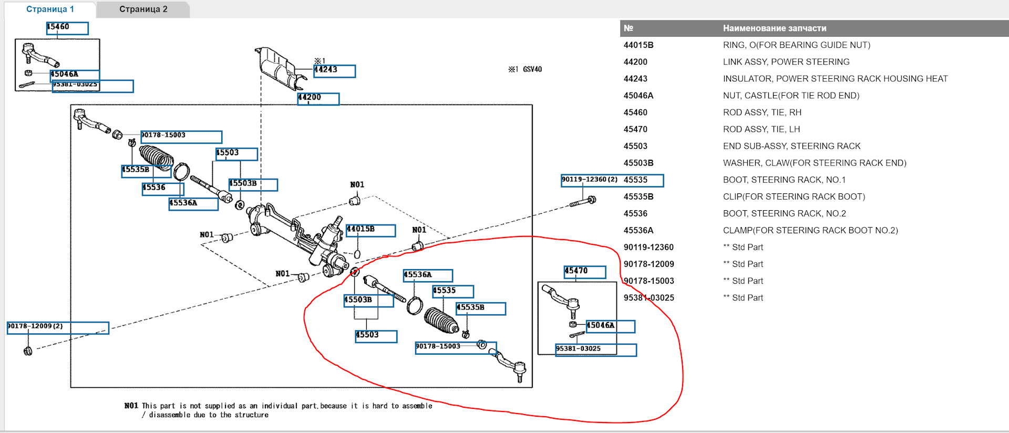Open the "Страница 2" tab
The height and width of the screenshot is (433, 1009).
pos(143,9)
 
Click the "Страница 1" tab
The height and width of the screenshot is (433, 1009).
pos(50,9)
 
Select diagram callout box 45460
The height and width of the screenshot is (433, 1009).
pos(67,28)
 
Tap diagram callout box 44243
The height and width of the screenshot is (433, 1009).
pos(335,71)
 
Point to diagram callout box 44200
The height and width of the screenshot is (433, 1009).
pos(318,99)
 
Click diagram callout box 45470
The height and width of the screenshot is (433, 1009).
pos(585,272)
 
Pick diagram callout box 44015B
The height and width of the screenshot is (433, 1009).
pos(370,230)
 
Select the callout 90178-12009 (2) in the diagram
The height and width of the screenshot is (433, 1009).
pos(58,328)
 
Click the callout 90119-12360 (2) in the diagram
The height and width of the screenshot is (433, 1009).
pos(591,180)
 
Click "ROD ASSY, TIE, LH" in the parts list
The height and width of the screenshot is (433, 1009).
pos(761,129)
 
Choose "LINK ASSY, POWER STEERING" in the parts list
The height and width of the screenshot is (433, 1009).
pos(786,62)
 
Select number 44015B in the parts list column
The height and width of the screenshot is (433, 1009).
pos(639,45)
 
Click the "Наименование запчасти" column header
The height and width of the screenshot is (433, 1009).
pos(775,28)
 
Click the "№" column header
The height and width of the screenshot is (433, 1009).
pos(629,28)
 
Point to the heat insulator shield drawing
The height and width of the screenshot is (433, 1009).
pos(280,68)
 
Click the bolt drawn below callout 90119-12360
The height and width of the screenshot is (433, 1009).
pos(583,201)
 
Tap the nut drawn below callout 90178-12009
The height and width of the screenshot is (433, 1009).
pos(28,351)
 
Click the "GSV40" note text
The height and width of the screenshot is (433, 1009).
pos(532,69)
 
